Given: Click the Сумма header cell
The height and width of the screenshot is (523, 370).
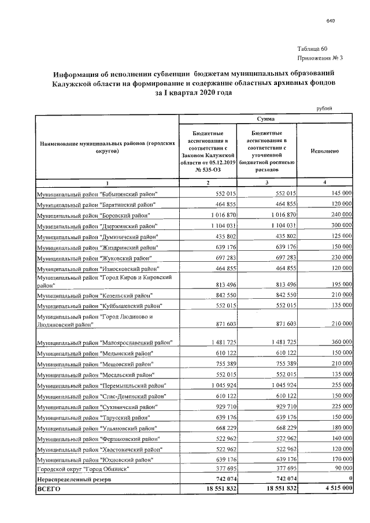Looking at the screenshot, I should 266,118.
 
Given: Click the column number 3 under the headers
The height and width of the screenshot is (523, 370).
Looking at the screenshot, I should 267,183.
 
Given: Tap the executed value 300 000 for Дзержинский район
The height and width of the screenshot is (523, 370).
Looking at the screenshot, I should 339,226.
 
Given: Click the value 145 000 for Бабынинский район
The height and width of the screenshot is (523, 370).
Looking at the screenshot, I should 339,194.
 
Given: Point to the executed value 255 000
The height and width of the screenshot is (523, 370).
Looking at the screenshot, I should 339,385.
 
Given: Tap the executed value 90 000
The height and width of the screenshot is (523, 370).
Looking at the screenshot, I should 341,469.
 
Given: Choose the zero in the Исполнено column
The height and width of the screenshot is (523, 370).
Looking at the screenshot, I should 350,480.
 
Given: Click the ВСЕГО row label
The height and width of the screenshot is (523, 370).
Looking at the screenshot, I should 49,489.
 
